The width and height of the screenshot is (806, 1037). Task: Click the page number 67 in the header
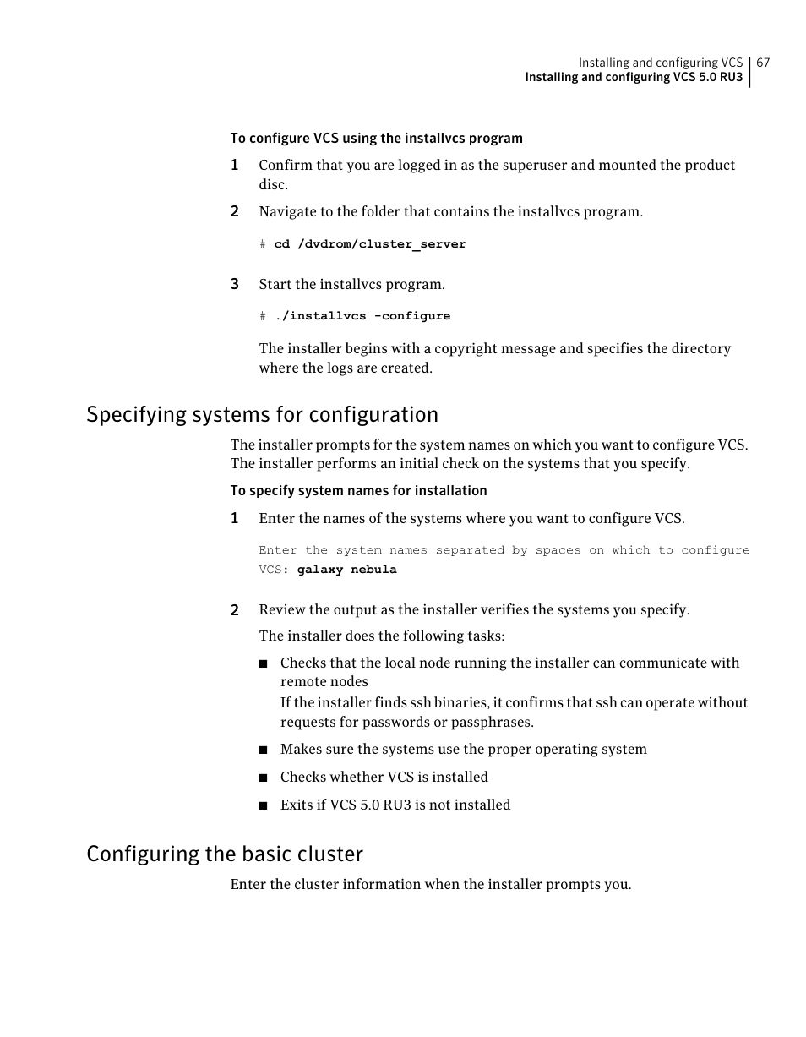coord(763,63)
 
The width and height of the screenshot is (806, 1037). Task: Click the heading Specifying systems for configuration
coord(262,415)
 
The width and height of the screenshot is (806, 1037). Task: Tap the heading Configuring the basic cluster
coord(225,854)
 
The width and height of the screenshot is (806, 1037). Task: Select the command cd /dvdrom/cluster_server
coord(370,244)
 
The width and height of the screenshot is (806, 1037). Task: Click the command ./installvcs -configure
coord(362,316)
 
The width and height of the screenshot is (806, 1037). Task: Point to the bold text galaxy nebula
coord(346,570)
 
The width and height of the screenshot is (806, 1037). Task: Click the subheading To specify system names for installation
coord(358,491)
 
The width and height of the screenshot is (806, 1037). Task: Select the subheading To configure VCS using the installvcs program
coord(376,139)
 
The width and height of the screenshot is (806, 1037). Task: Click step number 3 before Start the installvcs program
coord(235,284)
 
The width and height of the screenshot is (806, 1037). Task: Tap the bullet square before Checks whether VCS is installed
coord(264,778)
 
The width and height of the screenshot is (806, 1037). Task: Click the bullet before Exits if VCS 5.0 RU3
coord(264,805)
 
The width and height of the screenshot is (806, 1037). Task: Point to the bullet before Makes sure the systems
coord(264,750)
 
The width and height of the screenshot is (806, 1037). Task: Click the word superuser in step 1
coord(534,166)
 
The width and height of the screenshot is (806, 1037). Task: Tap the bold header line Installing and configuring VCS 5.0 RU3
coord(634,78)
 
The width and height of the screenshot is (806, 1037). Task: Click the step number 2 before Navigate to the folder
coord(235,211)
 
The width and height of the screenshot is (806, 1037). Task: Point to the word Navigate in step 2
coord(287,211)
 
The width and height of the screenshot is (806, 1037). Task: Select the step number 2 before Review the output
coord(235,610)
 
